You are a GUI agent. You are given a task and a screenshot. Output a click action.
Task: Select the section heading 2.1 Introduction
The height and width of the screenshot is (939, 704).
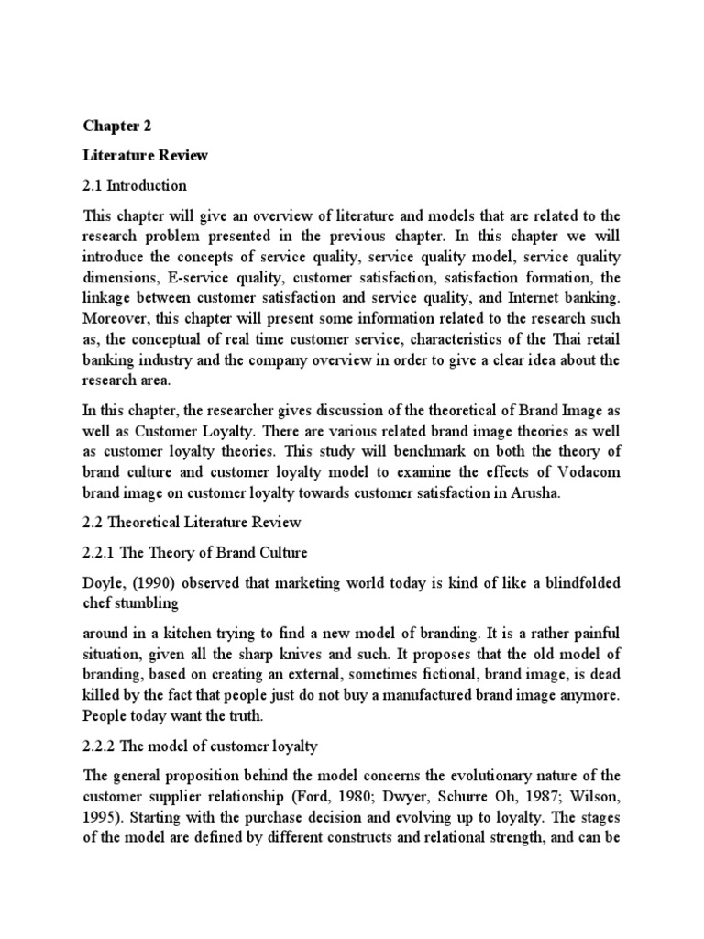(x=135, y=185)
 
